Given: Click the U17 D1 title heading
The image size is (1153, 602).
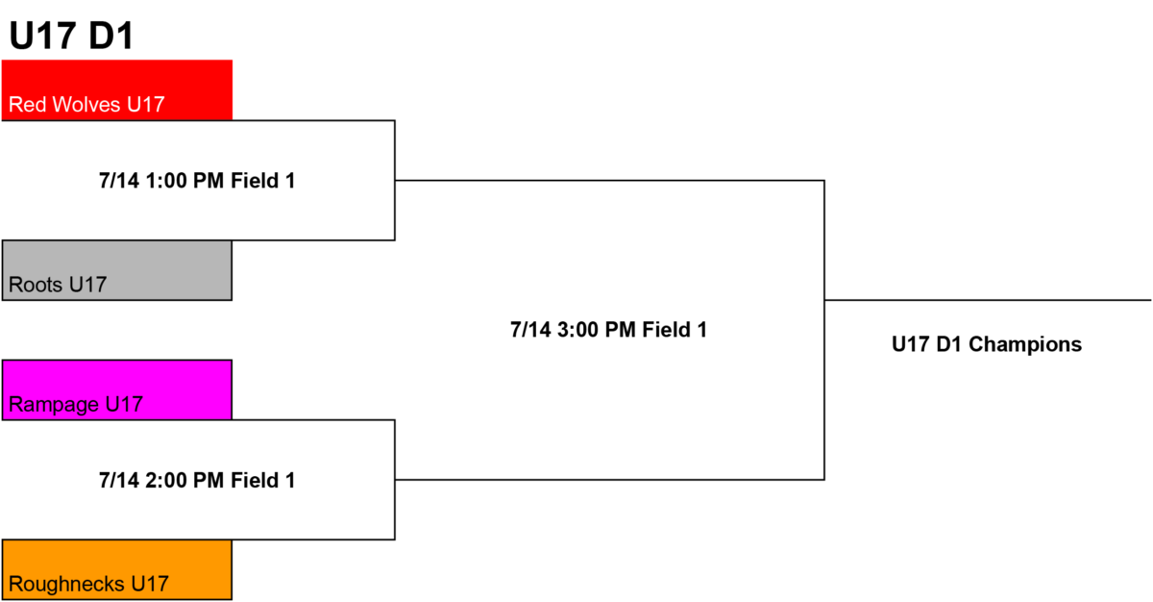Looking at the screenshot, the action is (71, 36).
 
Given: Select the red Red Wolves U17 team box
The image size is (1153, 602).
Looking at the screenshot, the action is (117, 90).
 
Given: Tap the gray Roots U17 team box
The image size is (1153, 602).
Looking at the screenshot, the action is (117, 270).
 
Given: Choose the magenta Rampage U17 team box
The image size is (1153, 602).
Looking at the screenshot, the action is (117, 389).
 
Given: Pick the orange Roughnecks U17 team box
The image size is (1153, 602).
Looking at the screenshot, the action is (117, 569).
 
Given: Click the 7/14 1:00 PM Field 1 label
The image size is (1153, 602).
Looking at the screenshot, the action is (197, 181).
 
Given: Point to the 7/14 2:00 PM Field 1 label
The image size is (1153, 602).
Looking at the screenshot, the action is (197, 481).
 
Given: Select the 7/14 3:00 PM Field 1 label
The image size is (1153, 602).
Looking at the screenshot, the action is (608, 330).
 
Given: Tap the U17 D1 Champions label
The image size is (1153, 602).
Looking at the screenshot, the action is (987, 344).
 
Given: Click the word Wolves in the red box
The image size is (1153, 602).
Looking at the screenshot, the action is (86, 105).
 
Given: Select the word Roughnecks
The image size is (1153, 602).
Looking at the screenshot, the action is (66, 585).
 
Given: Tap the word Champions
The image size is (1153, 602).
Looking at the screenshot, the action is (1025, 344).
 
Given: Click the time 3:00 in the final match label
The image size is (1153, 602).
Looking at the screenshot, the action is (578, 330).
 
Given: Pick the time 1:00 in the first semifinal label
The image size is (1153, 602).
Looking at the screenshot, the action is (166, 181).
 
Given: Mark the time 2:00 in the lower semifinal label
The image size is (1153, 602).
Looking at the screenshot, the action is (166, 481).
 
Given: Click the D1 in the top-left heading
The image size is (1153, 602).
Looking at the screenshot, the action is (110, 36).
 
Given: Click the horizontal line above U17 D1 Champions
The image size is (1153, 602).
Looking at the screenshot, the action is (988, 300).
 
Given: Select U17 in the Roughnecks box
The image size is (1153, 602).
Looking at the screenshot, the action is (150, 584).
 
